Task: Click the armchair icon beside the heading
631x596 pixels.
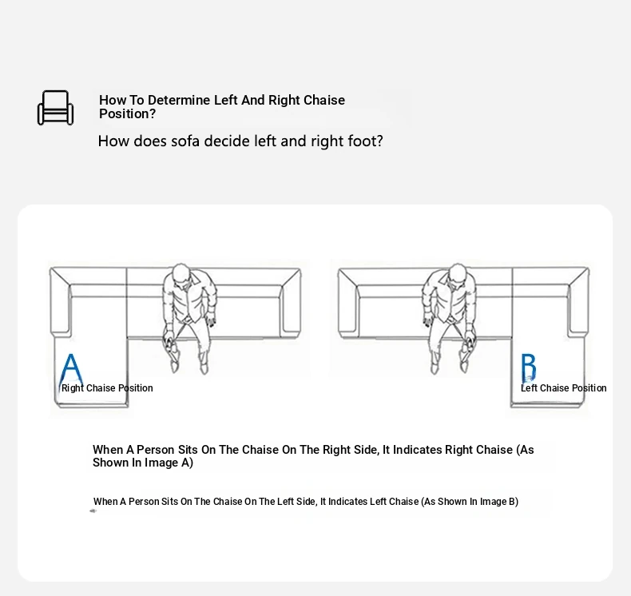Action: point(56,108)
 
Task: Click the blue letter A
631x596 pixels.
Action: point(71,368)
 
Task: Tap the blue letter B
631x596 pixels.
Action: point(529,367)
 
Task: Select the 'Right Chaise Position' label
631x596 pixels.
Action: point(107,388)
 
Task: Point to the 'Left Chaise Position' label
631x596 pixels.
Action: point(563,388)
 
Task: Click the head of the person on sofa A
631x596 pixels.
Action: point(181,275)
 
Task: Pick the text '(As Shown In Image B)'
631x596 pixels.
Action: point(470,502)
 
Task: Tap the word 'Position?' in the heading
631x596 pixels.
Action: point(127,114)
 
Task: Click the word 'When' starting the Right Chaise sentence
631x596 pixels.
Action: point(108,450)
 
